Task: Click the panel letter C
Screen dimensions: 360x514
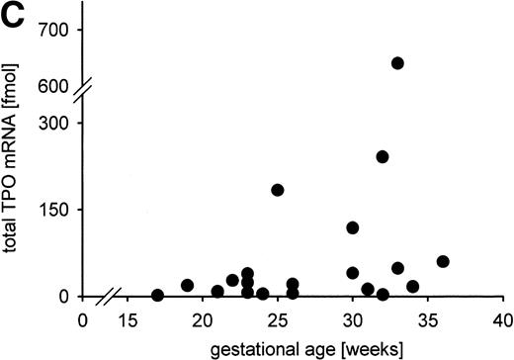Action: click(14, 15)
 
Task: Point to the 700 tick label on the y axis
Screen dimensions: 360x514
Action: click(56, 31)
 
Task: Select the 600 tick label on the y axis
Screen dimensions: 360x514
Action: click(56, 86)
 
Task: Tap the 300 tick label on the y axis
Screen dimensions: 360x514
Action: click(56, 124)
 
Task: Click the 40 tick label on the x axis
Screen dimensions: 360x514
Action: click(503, 319)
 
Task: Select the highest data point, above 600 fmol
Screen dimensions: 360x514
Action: click(397, 63)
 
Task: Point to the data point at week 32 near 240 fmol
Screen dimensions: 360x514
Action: click(383, 156)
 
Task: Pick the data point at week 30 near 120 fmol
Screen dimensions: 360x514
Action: click(353, 227)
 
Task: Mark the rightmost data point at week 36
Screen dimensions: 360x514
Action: click(443, 262)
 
